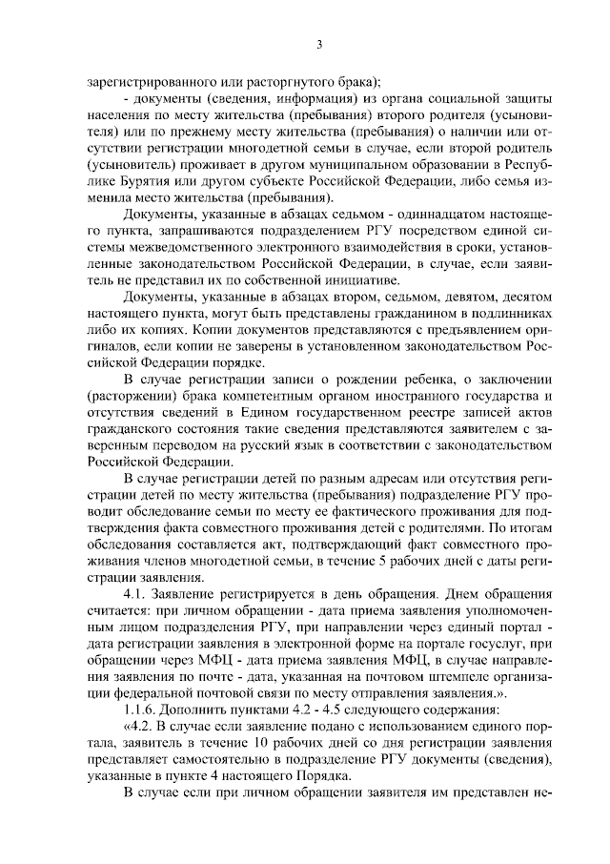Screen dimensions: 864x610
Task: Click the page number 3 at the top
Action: point(319,44)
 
